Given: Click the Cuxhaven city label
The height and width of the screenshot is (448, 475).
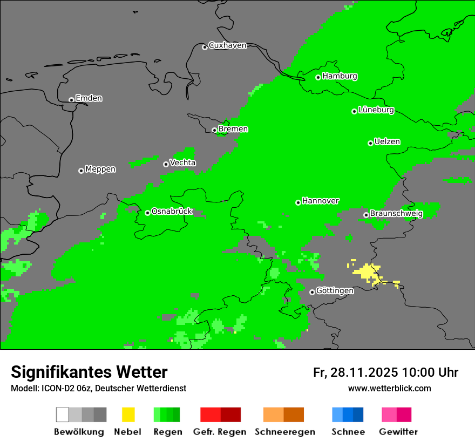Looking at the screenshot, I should click(227, 45).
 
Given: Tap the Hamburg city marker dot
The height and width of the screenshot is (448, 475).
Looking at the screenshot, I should click(318, 77).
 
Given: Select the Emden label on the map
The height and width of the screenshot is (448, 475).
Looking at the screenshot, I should click(89, 98).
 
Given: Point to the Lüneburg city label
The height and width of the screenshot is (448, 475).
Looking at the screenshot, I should click(376, 110).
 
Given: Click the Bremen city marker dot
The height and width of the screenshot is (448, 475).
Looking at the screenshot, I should click(214, 130).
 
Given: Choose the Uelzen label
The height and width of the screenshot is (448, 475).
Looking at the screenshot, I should click(387, 142).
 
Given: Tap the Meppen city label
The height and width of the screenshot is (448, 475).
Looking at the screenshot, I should click(100, 169).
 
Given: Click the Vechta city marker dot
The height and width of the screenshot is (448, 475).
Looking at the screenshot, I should click(166, 164).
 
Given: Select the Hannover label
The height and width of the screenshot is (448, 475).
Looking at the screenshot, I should click(320, 201).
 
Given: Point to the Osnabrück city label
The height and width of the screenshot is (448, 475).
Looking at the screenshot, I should click(172, 212).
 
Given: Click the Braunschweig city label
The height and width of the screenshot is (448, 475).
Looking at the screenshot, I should click(396, 214).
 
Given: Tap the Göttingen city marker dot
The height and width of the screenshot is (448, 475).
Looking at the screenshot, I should click(312, 292).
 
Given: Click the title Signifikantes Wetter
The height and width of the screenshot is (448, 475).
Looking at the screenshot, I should click(89, 372).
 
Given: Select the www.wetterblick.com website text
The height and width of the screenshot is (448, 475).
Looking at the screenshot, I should click(389, 388).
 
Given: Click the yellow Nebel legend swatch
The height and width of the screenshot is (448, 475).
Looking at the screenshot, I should click(128, 415).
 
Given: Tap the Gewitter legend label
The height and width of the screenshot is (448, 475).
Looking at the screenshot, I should click(398, 432).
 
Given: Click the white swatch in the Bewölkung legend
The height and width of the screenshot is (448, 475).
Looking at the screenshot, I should click(62, 415).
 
